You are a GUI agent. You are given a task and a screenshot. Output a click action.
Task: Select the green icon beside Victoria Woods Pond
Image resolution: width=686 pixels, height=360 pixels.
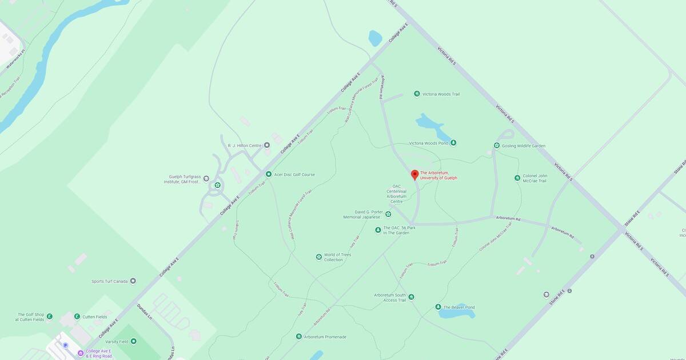click(453, 143)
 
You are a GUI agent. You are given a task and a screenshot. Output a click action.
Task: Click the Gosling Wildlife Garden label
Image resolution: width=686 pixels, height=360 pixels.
click(524, 146)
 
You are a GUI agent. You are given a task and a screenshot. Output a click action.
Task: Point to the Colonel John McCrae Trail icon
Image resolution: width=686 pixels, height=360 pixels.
click(517, 178)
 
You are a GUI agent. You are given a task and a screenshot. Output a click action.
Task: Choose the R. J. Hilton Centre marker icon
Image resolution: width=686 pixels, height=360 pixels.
click(266, 146)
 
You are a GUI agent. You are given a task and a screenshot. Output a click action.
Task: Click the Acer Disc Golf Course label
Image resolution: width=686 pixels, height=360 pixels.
click(294, 175)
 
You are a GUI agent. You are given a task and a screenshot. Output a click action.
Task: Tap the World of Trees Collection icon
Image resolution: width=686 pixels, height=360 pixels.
click(318, 257)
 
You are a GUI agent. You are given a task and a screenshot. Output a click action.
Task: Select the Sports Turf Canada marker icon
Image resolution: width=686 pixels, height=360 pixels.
click(133, 281)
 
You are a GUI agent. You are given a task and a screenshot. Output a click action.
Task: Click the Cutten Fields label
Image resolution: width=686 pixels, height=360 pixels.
click(95, 317)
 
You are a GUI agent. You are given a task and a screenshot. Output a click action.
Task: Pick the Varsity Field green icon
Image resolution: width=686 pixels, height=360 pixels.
click(133, 341)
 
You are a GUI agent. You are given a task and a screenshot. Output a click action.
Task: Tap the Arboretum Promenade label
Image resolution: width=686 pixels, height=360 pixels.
click(325, 337)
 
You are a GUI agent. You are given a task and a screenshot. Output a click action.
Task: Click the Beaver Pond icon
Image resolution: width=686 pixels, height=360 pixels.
click(438, 307)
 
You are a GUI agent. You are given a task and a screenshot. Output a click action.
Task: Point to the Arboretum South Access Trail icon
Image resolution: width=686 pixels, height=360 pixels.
click(411, 297)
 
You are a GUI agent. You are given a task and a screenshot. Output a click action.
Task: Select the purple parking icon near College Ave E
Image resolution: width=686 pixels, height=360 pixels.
click(65, 345)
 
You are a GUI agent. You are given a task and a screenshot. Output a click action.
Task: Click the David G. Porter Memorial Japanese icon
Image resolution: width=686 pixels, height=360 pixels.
click(388, 214)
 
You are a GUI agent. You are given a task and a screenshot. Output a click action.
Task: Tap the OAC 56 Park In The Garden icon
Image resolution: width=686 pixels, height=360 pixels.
click(378, 230)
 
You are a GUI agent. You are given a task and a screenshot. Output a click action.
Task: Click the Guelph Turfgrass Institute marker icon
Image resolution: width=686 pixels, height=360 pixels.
click(206, 178)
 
